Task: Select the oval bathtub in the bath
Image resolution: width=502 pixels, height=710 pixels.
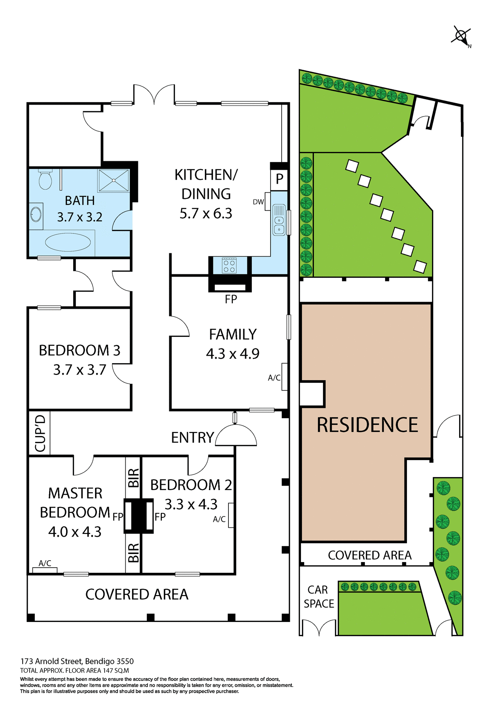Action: (68, 243)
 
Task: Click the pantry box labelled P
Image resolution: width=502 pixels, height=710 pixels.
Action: (279, 179)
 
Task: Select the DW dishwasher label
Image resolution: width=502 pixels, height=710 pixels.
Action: (258, 202)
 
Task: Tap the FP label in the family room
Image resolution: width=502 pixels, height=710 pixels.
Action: (231, 299)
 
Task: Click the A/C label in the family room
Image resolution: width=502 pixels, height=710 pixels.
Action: (274, 378)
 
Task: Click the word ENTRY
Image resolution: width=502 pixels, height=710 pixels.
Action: (193, 438)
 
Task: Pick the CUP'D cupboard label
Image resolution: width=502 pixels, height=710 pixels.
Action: (40, 433)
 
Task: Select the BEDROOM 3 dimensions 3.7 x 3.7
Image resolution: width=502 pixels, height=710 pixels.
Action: (79, 370)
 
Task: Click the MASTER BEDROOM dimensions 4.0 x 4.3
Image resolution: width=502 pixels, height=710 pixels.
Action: (75, 532)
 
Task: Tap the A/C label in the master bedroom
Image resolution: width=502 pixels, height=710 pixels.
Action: (45, 563)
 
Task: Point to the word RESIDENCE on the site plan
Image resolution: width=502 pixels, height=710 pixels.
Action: (367, 425)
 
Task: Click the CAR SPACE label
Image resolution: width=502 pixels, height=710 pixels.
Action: (319, 597)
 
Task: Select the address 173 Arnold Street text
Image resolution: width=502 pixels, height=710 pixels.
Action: (77, 661)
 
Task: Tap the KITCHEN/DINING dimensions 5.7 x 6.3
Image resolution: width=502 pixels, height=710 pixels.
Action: (206, 213)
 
